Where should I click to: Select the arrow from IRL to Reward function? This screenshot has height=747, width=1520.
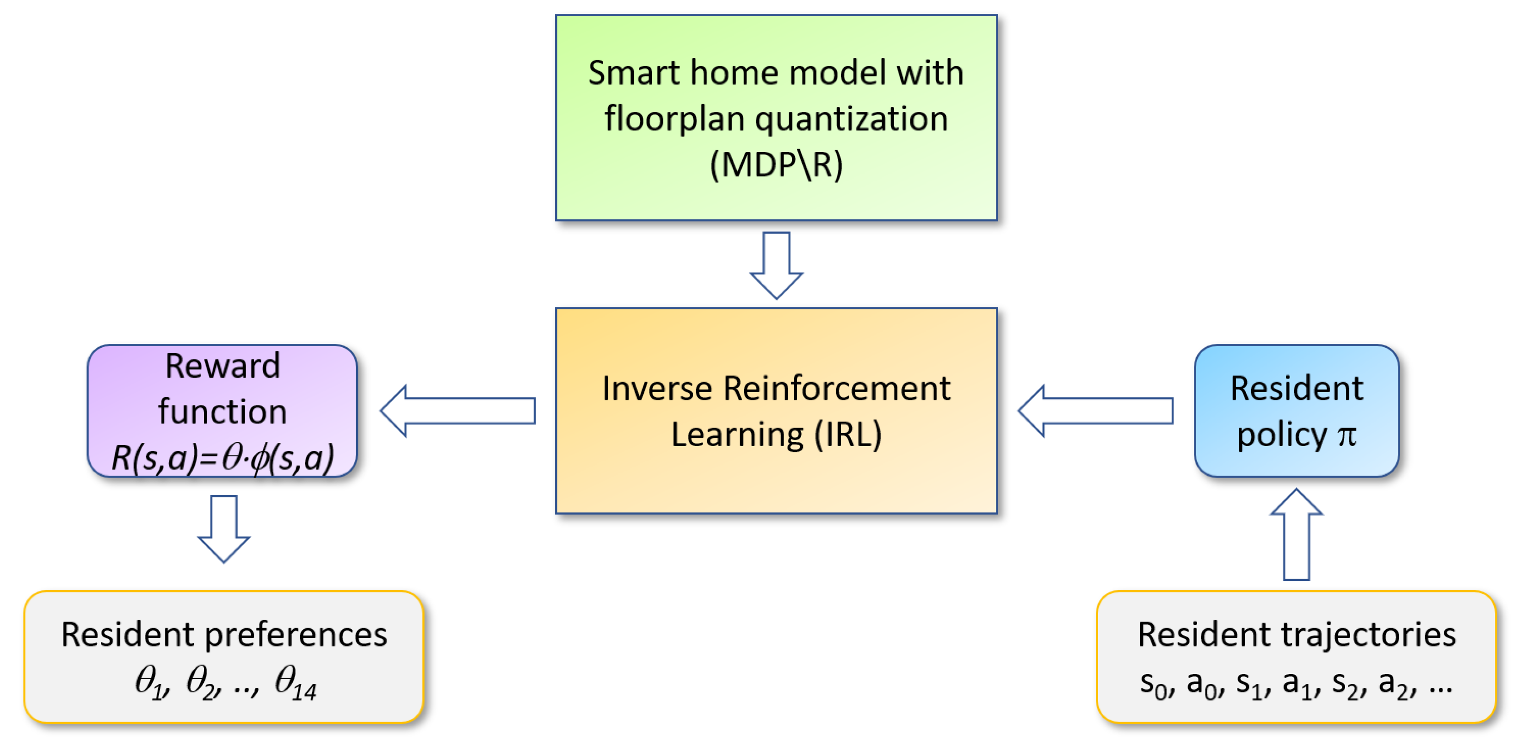click(x=457, y=411)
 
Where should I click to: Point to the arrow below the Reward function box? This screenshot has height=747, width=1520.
click(x=223, y=529)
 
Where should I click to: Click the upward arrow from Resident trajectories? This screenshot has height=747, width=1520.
click(x=1297, y=535)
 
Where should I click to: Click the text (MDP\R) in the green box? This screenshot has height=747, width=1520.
click(x=776, y=164)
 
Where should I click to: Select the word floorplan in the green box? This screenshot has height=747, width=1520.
click(x=674, y=118)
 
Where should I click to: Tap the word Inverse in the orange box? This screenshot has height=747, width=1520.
click(x=656, y=389)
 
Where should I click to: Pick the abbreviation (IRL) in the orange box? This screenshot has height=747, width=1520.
click(x=847, y=435)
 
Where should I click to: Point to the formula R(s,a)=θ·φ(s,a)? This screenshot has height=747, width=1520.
click(x=222, y=458)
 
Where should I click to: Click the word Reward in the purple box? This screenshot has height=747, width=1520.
click(x=222, y=366)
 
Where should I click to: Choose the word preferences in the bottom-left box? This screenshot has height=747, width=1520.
click(x=296, y=635)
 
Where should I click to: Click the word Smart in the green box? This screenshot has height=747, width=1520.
click(x=633, y=73)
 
